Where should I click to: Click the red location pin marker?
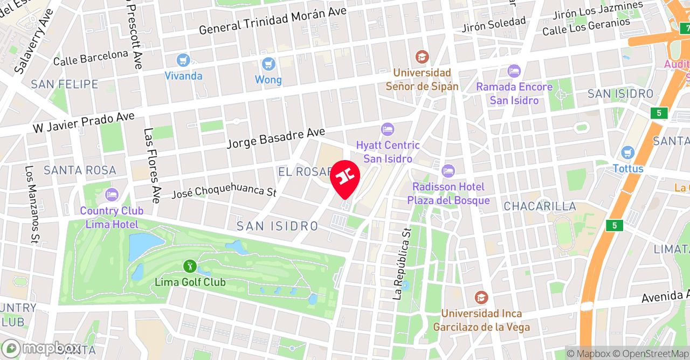[x=344, y=178]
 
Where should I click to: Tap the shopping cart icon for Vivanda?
[x=183, y=60]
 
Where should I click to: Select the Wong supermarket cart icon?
[x=268, y=64]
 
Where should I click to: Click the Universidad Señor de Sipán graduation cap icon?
[x=422, y=57]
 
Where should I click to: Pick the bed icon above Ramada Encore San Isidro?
[x=514, y=71]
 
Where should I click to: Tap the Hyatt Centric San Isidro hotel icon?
[x=387, y=129]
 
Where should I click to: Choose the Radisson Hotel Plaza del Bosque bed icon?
[x=448, y=171]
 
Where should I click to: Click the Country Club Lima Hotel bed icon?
[x=112, y=195]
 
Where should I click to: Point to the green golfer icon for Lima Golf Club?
[x=190, y=266]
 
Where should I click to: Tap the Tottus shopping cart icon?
[x=627, y=153]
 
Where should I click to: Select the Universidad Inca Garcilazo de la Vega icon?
[x=481, y=297]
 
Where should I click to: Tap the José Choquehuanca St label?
[x=224, y=191]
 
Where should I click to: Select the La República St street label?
[x=402, y=263]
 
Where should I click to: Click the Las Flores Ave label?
[x=152, y=165]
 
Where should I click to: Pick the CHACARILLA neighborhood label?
[x=540, y=206]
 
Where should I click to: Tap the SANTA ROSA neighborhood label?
[x=80, y=170]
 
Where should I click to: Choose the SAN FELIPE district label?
[x=65, y=84]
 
